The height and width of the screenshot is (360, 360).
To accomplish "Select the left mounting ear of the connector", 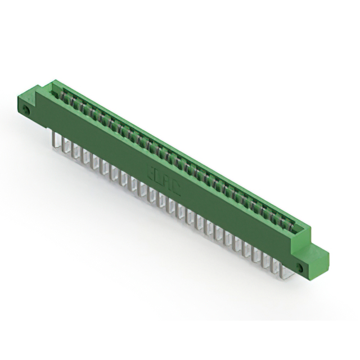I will click(28, 105).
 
